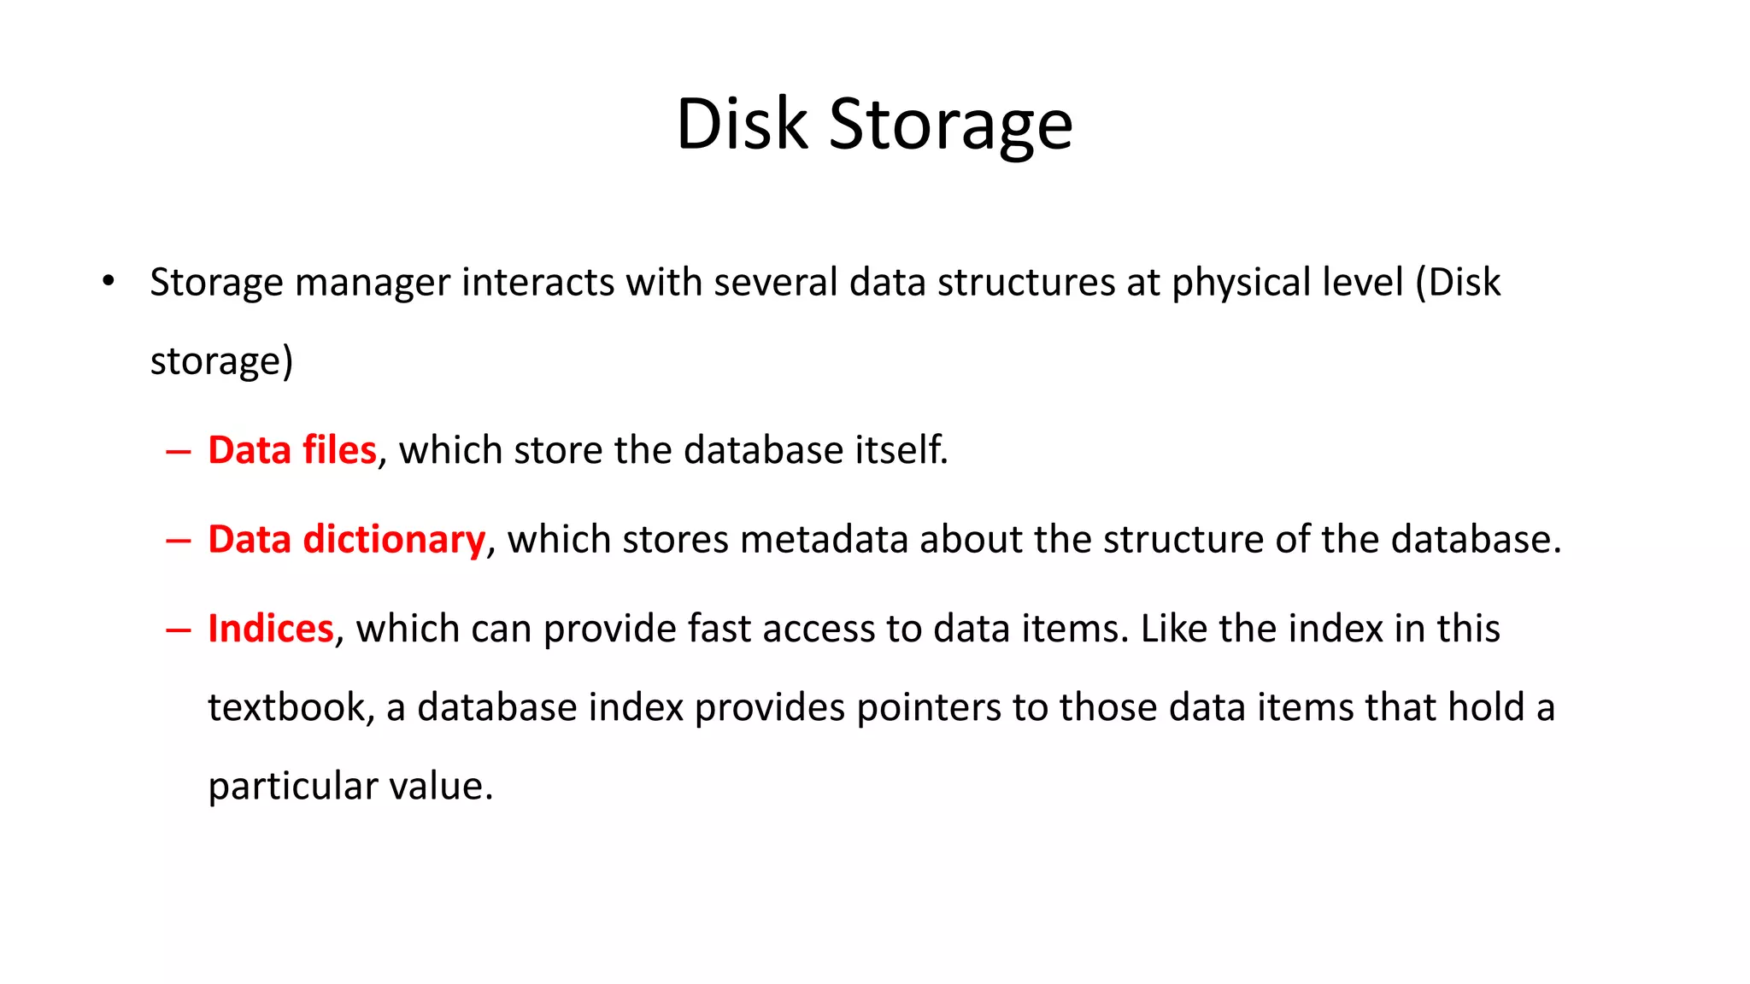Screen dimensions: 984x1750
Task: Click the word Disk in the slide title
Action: [x=742, y=125]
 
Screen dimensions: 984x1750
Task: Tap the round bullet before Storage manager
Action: [x=108, y=281]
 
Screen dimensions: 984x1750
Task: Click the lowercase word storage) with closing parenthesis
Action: [x=221, y=362]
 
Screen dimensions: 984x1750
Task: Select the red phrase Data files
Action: [x=291, y=450]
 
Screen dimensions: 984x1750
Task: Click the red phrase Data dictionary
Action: [x=346, y=540]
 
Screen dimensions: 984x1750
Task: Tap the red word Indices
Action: [x=270, y=629]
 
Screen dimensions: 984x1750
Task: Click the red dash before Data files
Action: [x=178, y=452]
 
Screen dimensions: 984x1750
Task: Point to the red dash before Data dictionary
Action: [x=178, y=542]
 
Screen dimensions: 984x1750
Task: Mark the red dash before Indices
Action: [x=178, y=630]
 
